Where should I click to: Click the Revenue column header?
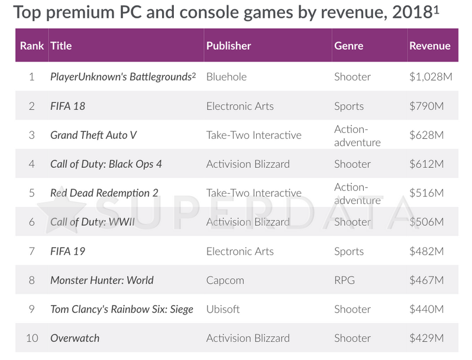pos(429,46)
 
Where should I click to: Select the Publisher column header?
pos(228,46)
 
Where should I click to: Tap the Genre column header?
pos(348,46)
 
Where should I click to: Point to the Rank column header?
pos(31,46)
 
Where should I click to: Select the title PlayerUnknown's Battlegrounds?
pos(122,77)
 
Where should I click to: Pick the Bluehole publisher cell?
pos(226,77)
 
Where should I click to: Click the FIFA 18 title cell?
pos(68,106)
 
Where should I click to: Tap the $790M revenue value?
pos(426,106)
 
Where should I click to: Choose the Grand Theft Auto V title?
pos(93,135)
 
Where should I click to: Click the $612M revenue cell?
pos(426,164)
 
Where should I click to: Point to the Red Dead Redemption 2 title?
pos(104,193)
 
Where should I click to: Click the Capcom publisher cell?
pos(225,280)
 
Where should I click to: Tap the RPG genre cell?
pos(344,280)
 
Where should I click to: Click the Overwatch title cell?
pos(75,338)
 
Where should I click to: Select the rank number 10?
pos(32,338)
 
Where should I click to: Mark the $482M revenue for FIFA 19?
pos(426,251)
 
